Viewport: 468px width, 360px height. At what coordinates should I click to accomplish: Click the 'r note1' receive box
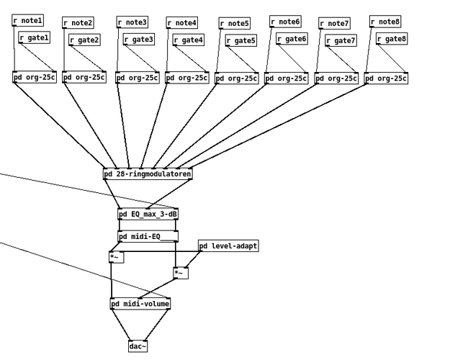27,21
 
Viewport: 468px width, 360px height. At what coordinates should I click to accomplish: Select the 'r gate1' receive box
34,37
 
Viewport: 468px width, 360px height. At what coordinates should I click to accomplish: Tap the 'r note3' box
132,23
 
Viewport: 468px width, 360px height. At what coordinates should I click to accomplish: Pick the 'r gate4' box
188,40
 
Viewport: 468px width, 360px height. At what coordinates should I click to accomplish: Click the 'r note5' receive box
234,24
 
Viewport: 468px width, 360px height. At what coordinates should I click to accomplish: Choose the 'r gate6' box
291,39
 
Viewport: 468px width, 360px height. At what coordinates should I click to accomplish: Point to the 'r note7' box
334,24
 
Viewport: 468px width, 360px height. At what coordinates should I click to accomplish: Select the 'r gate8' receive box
391,39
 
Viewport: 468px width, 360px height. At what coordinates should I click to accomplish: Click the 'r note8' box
385,22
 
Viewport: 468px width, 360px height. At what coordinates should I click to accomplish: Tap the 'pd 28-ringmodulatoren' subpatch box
148,174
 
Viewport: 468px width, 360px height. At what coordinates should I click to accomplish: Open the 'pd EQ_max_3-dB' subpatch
148,215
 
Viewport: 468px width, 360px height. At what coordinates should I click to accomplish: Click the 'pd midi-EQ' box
148,237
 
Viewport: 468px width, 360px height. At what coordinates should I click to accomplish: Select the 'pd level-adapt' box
228,246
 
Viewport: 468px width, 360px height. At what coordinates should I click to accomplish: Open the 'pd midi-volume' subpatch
140,304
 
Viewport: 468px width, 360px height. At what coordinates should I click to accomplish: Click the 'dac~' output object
138,347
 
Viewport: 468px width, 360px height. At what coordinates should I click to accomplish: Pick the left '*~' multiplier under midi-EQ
116,257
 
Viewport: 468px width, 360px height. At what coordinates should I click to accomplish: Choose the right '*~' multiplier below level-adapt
181,273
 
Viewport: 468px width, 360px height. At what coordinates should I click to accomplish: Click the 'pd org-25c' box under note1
35,78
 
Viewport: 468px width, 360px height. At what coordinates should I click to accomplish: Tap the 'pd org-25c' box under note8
386,78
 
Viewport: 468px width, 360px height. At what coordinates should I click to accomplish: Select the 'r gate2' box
84,40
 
